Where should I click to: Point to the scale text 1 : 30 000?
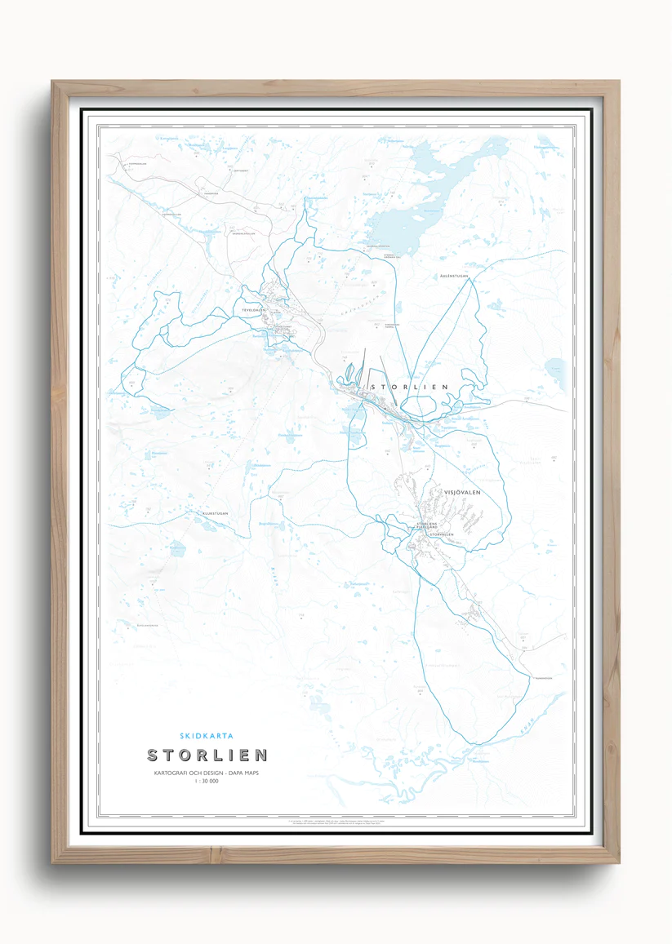207,782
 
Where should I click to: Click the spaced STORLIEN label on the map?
410,386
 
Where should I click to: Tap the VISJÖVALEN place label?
464,493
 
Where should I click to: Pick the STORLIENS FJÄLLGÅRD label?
427,525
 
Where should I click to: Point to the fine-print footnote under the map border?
336,823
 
